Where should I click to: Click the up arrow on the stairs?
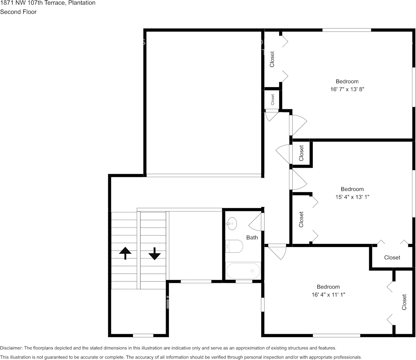pos(125,253)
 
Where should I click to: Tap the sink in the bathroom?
pos(232,223)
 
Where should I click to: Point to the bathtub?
pos(243,271)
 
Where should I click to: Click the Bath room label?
pos(252,237)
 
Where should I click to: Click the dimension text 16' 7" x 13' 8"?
pos(347,89)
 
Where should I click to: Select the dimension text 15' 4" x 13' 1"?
pos(352,197)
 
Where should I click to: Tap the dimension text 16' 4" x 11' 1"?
pos(328,295)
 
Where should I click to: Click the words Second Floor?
pos(18,12)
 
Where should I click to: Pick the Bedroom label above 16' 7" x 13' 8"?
pos(347,81)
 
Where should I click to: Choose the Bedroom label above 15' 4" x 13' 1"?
pos(352,189)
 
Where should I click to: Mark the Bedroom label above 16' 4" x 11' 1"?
pos(328,287)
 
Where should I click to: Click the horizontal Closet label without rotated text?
pos(392,257)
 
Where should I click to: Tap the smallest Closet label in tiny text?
pos(272,99)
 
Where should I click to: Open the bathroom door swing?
pos(255,222)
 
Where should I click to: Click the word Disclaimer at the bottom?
pos(11,348)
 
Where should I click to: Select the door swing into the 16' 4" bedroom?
pos(277,252)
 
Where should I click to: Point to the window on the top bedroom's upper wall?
pos(347,30)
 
